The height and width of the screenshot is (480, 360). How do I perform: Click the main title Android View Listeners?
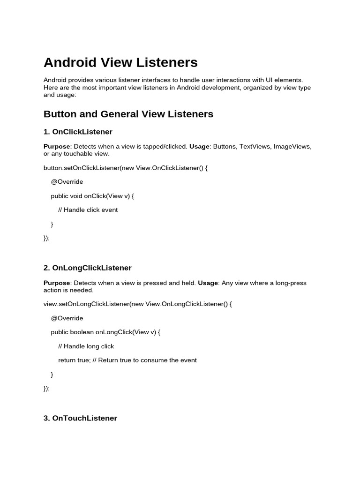tap(120, 62)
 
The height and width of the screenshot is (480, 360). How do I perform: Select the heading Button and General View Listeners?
tap(128, 114)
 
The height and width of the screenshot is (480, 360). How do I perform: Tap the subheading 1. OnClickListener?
tap(78, 132)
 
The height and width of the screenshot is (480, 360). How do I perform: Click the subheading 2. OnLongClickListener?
tap(87, 268)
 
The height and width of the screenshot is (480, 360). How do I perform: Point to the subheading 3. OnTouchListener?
tap(80, 418)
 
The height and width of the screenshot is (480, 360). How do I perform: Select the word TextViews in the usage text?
tap(255, 146)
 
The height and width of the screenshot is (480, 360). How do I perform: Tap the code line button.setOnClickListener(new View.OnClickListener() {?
tap(125, 167)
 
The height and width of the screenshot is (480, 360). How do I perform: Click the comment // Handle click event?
tap(88, 210)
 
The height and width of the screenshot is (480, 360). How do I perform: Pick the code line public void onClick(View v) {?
tap(92, 195)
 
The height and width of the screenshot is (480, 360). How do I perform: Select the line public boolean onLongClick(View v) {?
tap(105, 332)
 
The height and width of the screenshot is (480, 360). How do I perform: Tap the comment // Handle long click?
tap(86, 346)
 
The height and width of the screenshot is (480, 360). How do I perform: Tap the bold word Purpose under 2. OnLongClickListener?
tap(57, 283)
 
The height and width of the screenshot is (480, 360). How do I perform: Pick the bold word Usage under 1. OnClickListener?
tap(199, 146)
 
